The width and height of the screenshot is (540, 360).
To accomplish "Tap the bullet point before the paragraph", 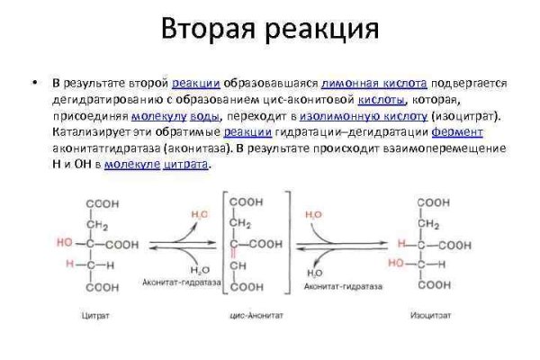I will pyautogui.click(x=32, y=83).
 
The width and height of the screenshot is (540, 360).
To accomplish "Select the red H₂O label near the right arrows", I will pyautogui.click(x=313, y=215).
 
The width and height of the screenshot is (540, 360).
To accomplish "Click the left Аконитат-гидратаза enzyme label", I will pyautogui.click(x=175, y=282).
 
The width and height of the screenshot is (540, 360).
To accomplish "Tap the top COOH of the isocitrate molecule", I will pyautogui.click(x=433, y=203).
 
